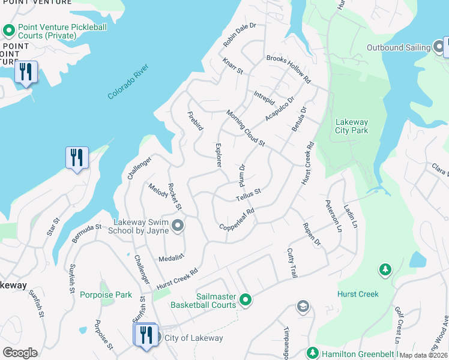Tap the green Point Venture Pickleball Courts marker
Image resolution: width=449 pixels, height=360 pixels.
pyautogui.click(x=9, y=30)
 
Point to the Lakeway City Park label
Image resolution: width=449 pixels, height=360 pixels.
pyautogui.click(x=351, y=126)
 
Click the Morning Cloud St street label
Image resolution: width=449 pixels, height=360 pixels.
pyautogui.click(x=246, y=128)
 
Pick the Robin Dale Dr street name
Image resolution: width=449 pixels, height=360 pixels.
pyautogui.click(x=240, y=35)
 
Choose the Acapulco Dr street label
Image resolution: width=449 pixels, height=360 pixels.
pyautogui.click(x=280, y=109)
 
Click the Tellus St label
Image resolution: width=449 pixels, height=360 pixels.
pyautogui.click(x=248, y=193)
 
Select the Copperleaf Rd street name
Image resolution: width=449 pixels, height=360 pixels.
pyautogui.click(x=237, y=219)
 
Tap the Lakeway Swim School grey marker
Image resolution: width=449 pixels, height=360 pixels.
pyautogui.click(x=177, y=226)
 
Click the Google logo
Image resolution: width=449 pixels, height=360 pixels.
pyautogui.click(x=20, y=352)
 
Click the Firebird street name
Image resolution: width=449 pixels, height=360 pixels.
pyautogui.click(x=195, y=122)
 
